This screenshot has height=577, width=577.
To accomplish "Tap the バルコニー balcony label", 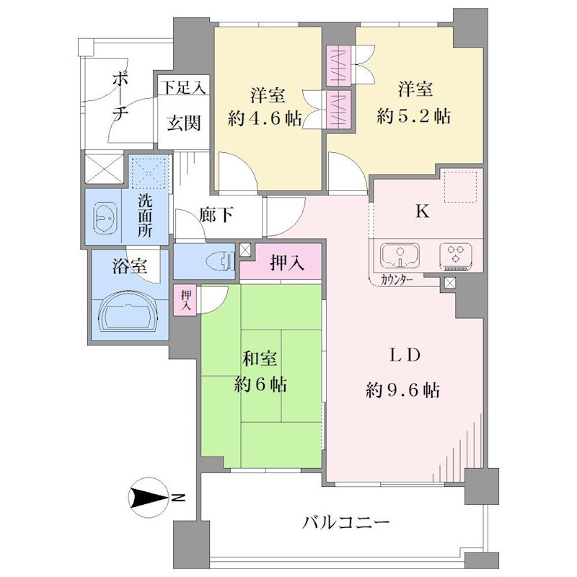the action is (x=345, y=522).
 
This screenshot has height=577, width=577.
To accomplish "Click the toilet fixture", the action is (x=221, y=262).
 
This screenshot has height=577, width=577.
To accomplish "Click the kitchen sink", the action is (x=400, y=255).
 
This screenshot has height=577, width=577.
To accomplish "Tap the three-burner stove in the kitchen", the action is (x=456, y=255).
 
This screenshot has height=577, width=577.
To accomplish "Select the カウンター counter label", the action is (x=396, y=281).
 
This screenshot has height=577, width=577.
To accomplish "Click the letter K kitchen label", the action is (x=423, y=212).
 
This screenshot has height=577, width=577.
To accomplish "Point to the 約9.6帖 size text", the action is (x=403, y=390).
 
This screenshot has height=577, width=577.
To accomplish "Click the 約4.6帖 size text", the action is (x=265, y=119).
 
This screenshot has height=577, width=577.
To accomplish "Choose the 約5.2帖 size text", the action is (x=413, y=116).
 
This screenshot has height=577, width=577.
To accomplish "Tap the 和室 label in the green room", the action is (x=260, y=358).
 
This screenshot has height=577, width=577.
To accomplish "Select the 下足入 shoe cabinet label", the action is (x=183, y=87).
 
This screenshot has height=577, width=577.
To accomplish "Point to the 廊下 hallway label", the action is (x=216, y=214).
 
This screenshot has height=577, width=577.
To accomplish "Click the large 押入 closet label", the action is (x=287, y=263).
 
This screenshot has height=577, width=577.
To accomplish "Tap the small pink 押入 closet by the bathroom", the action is (x=185, y=300).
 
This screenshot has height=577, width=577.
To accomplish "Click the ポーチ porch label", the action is (x=120, y=97).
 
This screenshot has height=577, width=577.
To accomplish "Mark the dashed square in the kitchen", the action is (x=461, y=186).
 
